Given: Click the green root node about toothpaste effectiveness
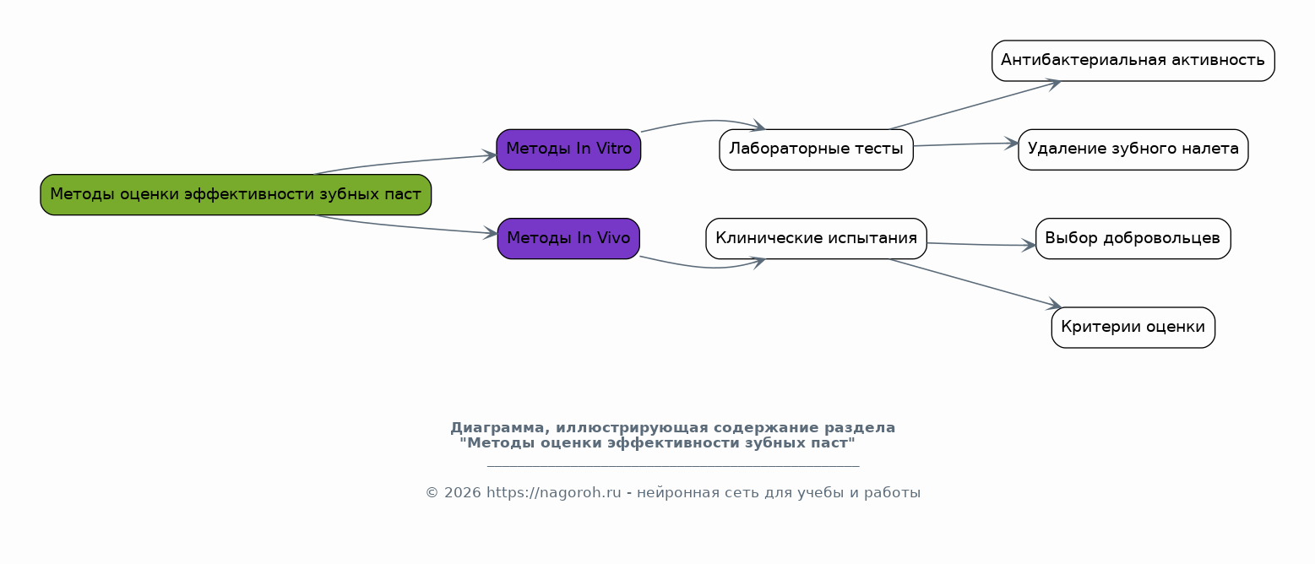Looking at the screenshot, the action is (x=236, y=194).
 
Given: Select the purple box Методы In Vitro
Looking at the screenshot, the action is (x=568, y=149).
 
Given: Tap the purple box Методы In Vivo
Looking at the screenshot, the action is (x=568, y=238).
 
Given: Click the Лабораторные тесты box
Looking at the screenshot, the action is (x=816, y=149).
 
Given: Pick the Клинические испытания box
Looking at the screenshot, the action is (x=816, y=238).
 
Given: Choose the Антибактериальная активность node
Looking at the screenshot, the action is (x=1133, y=61).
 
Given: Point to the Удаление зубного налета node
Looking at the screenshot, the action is (x=1133, y=149).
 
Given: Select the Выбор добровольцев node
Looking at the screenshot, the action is (x=1133, y=238).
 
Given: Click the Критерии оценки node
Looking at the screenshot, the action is (x=1133, y=328).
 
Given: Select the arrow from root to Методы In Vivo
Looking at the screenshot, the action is (x=405, y=227).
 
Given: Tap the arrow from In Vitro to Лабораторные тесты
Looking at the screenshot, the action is (x=704, y=122).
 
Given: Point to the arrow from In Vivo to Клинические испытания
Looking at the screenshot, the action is (x=704, y=267).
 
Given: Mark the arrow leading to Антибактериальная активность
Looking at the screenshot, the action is (x=975, y=105).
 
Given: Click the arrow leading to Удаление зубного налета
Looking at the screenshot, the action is (x=965, y=144).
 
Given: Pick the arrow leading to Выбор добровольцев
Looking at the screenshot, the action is (x=981, y=245).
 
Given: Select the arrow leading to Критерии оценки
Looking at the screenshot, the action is (x=975, y=283).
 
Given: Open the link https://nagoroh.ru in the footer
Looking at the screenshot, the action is (x=553, y=493).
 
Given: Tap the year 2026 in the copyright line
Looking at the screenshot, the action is (x=463, y=493).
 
